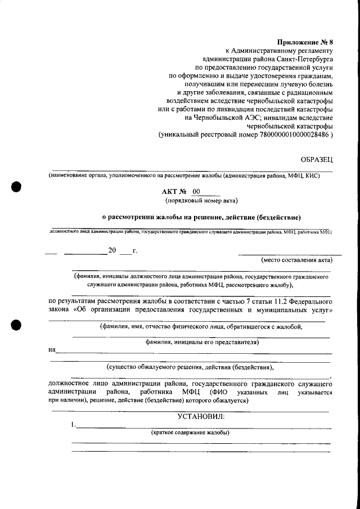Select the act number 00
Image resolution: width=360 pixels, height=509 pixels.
click(196, 192)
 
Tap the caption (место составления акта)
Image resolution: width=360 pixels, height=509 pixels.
click(296, 260)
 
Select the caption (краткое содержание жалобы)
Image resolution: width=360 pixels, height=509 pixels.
click(190, 433)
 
